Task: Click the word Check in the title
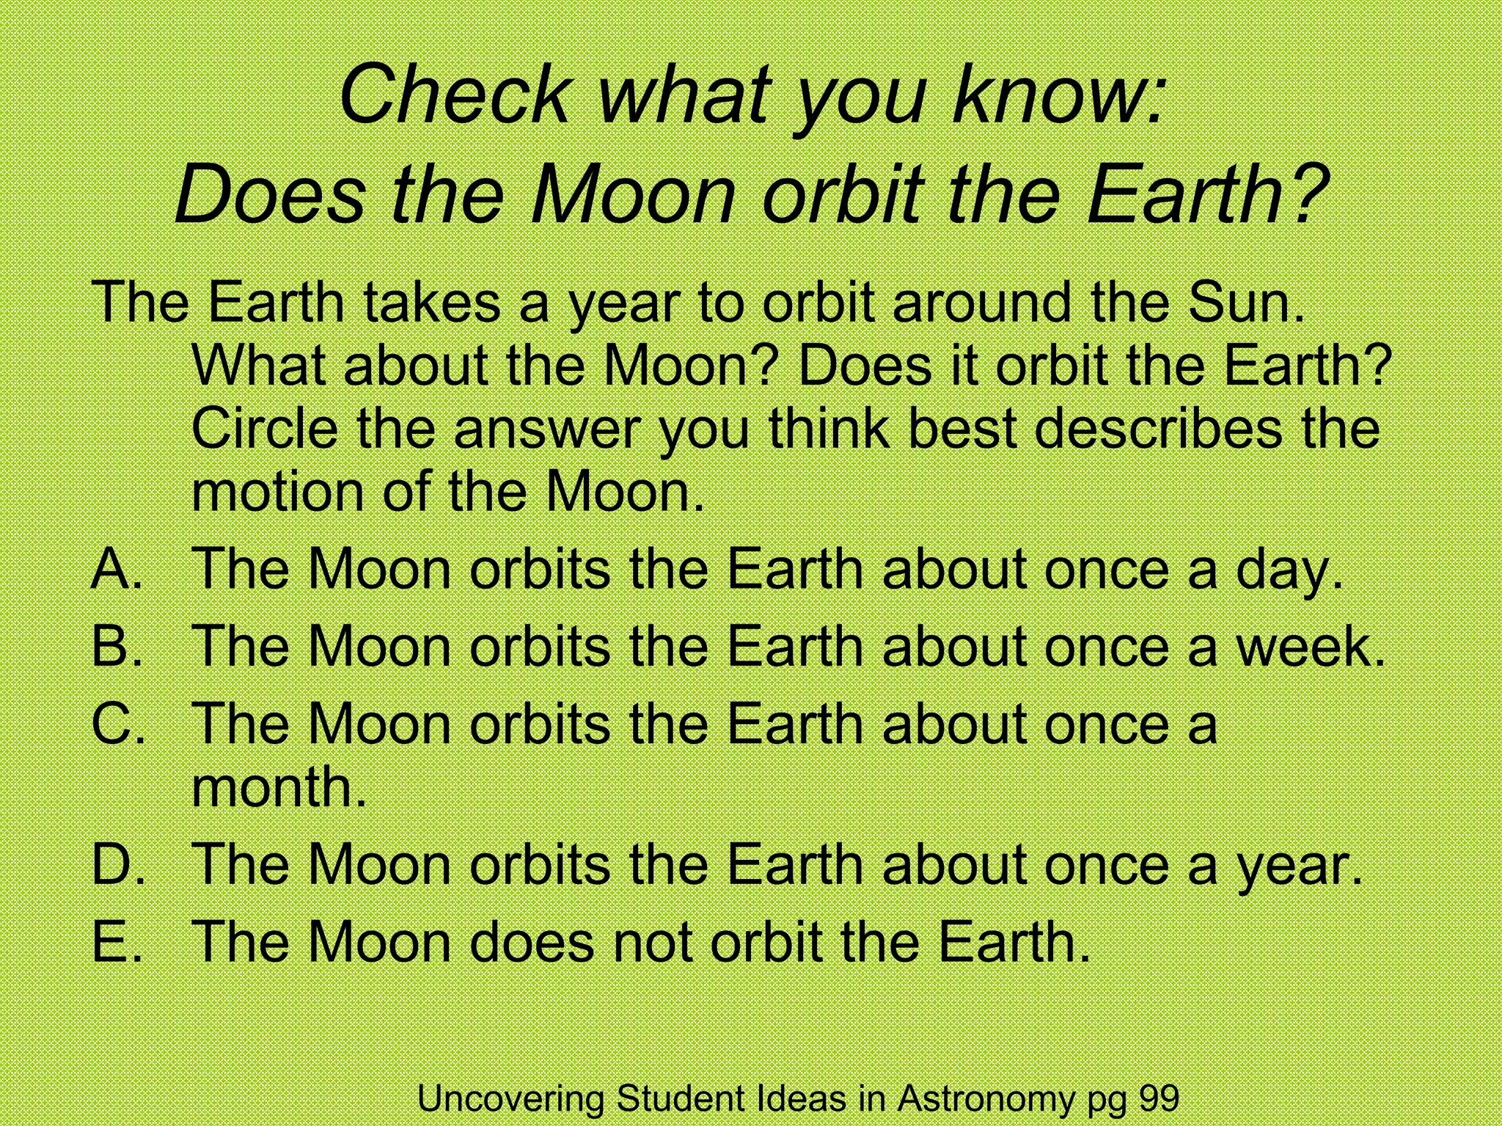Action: pos(454,95)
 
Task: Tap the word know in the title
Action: pos(1049,95)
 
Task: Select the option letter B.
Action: pos(115,647)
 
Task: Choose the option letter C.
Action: pos(115,724)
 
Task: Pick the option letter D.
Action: pos(115,864)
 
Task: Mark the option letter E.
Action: pos(114,941)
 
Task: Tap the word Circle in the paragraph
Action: pos(264,428)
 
